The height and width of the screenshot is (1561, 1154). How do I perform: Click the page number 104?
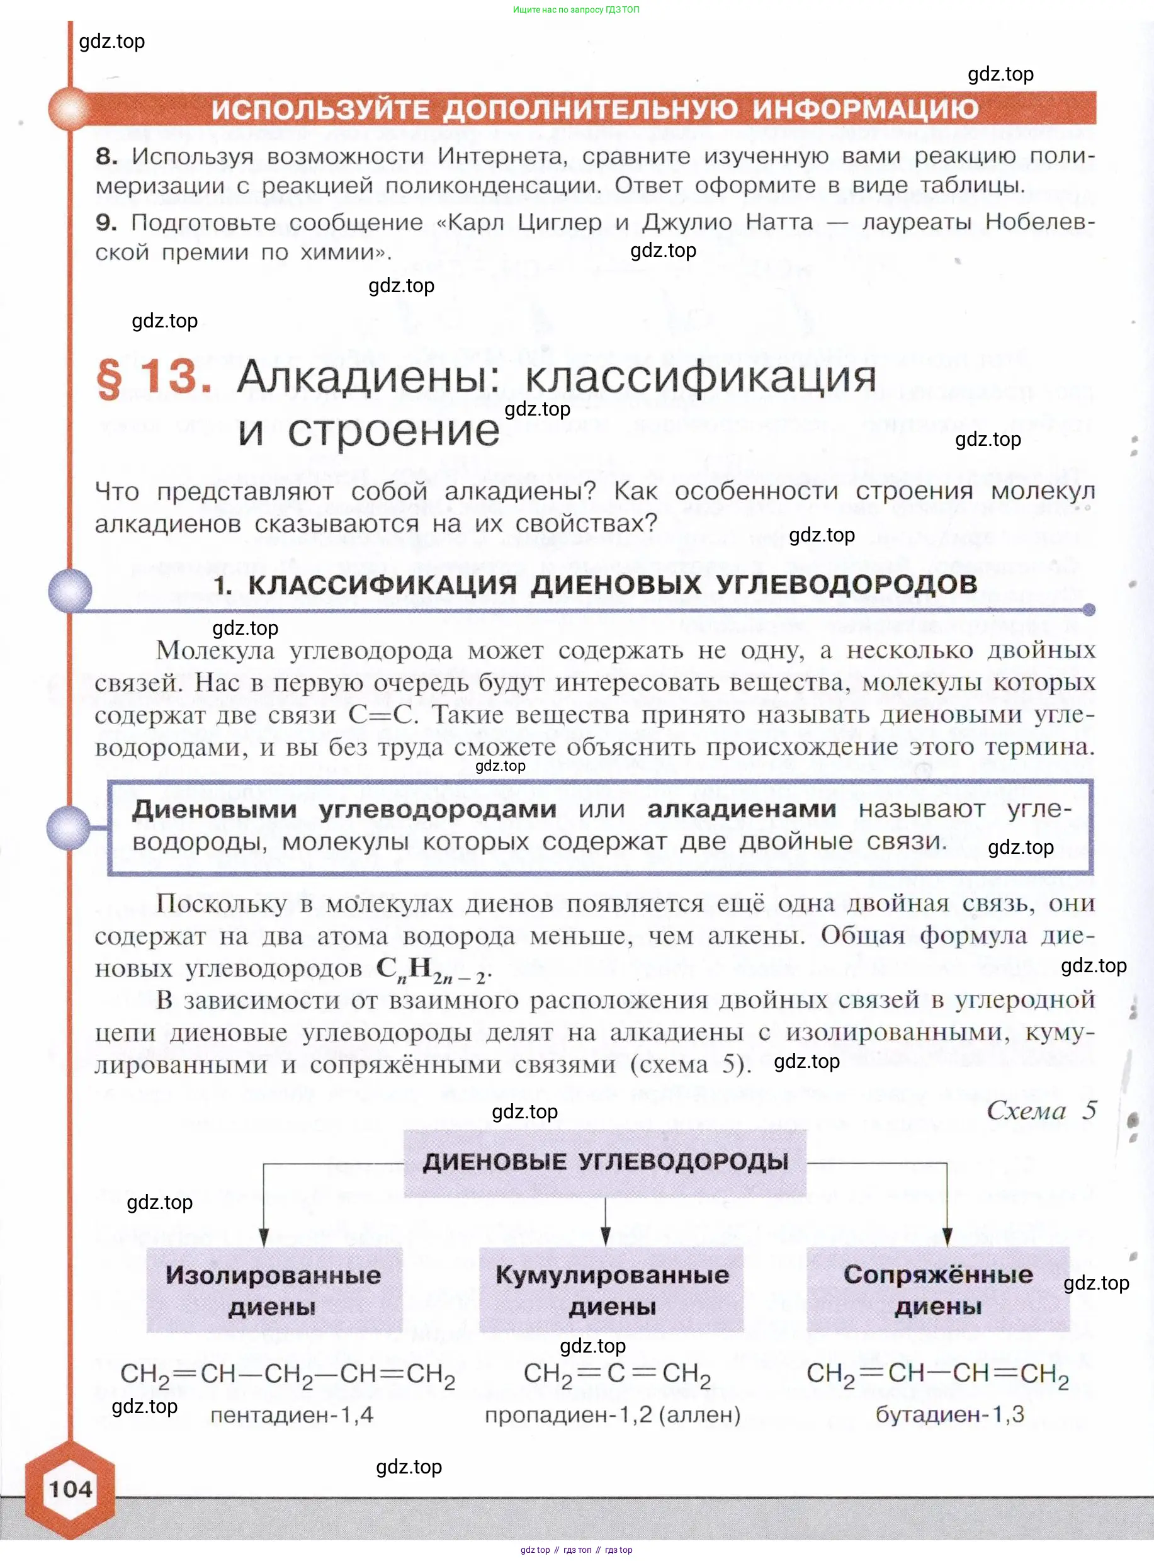[x=71, y=1489]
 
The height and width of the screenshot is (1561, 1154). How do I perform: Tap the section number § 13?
[x=154, y=378]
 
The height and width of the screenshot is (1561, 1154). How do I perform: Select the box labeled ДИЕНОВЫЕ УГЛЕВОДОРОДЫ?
[x=605, y=1162]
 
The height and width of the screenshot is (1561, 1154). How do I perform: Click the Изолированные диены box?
[x=274, y=1289]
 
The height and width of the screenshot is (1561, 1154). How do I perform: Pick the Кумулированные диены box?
[x=611, y=1289]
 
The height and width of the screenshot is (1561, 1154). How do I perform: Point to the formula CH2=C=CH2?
[x=617, y=1375]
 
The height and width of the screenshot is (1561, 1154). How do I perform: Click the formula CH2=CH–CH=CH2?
[x=937, y=1374]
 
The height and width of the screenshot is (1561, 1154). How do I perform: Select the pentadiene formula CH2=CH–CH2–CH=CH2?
[x=288, y=1375]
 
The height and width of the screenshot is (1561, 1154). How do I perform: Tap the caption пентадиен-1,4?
[x=292, y=1415]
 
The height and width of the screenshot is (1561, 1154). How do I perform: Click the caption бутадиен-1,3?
[x=949, y=1414]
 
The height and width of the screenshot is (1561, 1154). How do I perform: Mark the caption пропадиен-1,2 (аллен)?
[x=613, y=1415]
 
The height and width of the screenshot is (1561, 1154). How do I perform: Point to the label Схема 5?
[x=1041, y=1110]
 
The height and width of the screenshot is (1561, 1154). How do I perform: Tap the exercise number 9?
[x=106, y=222]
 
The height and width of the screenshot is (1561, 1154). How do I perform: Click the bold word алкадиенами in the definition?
[x=741, y=809]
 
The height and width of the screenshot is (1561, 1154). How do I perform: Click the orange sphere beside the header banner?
[x=69, y=109]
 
